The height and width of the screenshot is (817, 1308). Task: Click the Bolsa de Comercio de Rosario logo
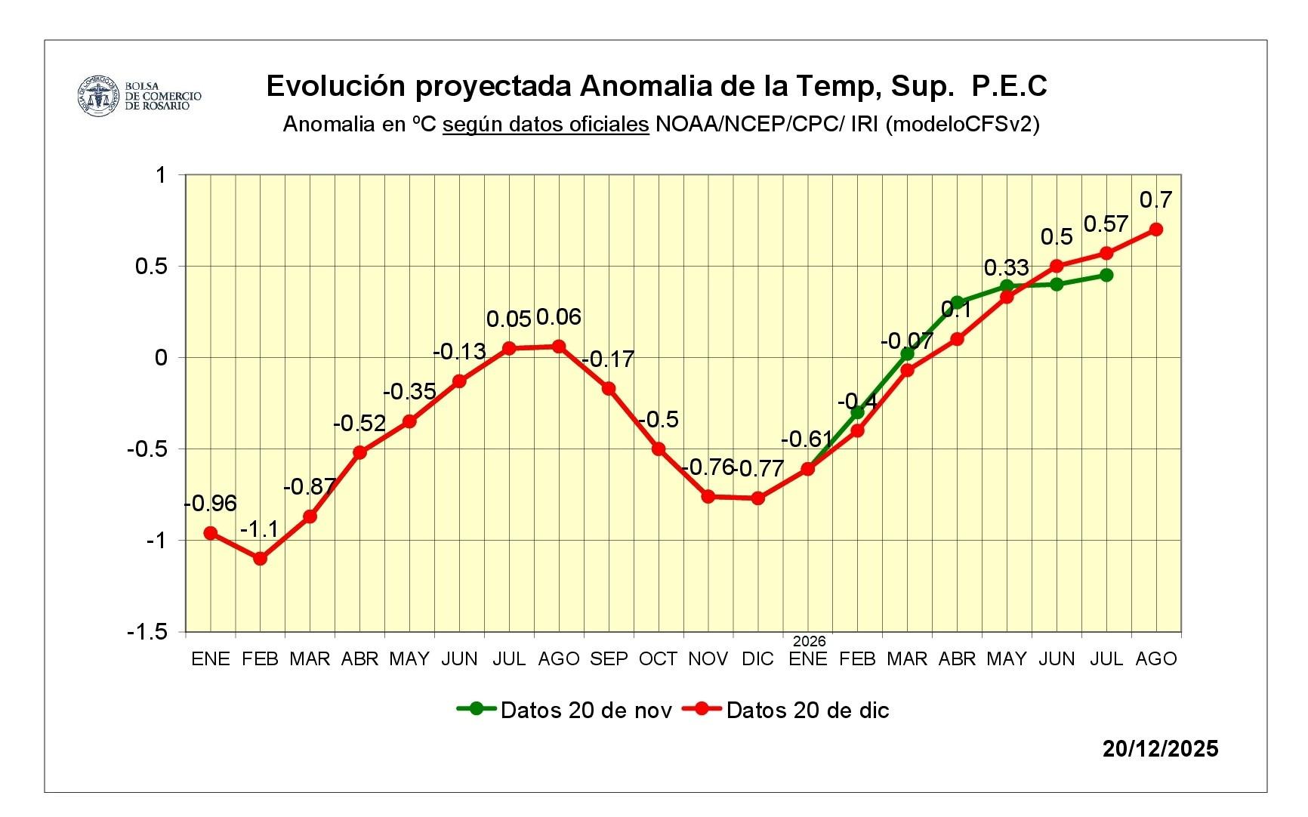click(x=139, y=96)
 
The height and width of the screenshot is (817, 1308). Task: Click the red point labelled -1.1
click(x=260, y=559)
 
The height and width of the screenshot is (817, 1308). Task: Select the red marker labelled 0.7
click(x=1155, y=230)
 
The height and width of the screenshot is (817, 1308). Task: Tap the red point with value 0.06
click(x=559, y=347)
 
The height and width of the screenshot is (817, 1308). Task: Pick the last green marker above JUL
click(x=1106, y=275)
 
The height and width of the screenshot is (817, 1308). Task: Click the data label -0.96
click(x=211, y=503)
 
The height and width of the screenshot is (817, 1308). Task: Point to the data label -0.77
click(x=759, y=469)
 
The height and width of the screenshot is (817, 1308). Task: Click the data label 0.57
click(x=1106, y=224)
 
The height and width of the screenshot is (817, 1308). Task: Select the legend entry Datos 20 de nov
click(x=564, y=710)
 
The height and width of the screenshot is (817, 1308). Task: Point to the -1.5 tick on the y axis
click(x=148, y=632)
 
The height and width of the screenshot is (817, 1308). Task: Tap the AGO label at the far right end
click(x=1156, y=659)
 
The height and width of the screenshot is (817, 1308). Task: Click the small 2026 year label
click(x=809, y=641)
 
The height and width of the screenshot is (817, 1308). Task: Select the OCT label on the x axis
click(x=658, y=659)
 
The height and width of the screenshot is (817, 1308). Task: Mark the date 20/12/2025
click(x=1160, y=748)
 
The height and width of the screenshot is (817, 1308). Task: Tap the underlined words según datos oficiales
click(x=545, y=124)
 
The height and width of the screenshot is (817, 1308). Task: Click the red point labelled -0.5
click(x=659, y=449)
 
